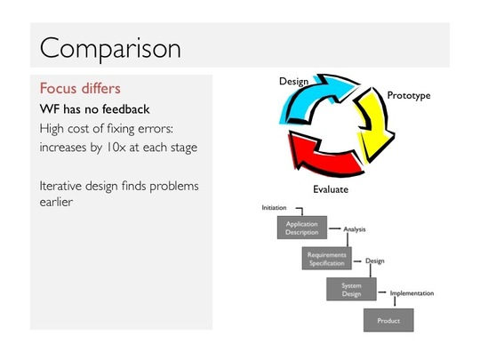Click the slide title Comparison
click(110, 48)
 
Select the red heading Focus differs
click(80, 89)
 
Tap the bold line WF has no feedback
click(94, 109)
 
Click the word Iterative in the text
click(61, 186)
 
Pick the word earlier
click(56, 202)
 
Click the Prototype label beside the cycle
click(409, 95)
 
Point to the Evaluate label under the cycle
click(331, 189)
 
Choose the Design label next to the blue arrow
click(293, 82)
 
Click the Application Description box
click(302, 228)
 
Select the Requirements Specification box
click(326, 259)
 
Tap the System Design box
click(351, 289)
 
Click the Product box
click(388, 320)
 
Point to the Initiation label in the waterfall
click(274, 208)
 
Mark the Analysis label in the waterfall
click(355, 229)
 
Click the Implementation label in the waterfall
click(412, 293)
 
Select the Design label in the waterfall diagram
click(375, 261)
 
